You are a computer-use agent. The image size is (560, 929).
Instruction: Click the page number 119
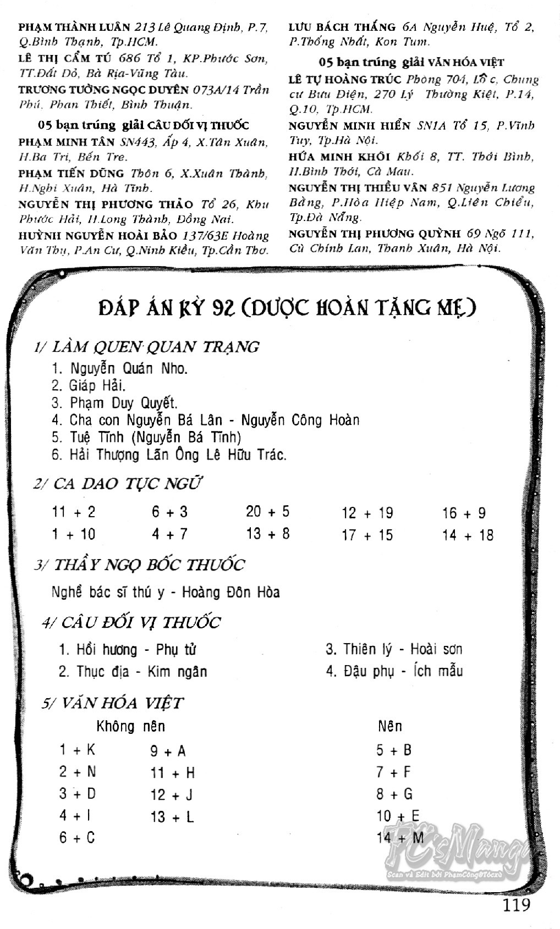[x=516, y=904]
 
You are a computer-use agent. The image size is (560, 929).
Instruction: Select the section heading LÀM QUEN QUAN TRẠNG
[x=146, y=347]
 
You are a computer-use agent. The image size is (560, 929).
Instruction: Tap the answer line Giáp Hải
[x=89, y=385]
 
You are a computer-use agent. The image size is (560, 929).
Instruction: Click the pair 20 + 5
[x=267, y=512]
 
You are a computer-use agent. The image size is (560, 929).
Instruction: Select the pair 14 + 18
[x=468, y=535]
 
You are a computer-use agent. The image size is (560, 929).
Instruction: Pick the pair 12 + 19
[x=367, y=513]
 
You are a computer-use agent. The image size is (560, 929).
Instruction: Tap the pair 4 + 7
[x=169, y=534]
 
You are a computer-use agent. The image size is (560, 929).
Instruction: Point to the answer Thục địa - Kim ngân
[x=133, y=671]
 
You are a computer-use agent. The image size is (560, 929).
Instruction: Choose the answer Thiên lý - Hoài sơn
[x=394, y=649]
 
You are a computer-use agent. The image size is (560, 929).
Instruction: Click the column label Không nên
[x=130, y=726]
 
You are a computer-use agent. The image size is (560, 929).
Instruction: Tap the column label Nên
[x=389, y=726]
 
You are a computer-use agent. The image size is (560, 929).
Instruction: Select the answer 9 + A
[x=168, y=751]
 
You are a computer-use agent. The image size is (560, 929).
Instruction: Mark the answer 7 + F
[x=393, y=772]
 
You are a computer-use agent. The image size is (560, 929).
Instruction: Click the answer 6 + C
[x=77, y=838]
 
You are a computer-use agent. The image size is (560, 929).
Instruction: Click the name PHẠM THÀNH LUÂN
[x=74, y=26]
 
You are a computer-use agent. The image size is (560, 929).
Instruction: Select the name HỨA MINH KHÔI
[x=339, y=157]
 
